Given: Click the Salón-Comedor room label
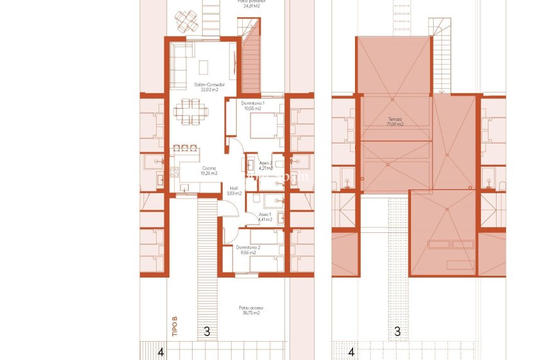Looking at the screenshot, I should pos(205,87).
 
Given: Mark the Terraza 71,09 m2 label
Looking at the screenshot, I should pos(395,121).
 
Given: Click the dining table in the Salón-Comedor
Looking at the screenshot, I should pos(191,112).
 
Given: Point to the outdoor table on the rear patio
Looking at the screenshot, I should pos(186,21).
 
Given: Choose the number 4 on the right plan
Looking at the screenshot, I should pos(351,353).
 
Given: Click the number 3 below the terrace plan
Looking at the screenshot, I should pos(397,331).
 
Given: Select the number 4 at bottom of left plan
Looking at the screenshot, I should pos(160,353).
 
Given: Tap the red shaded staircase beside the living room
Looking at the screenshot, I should pos(251,63).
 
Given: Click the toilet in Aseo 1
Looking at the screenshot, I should pos(280,218).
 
